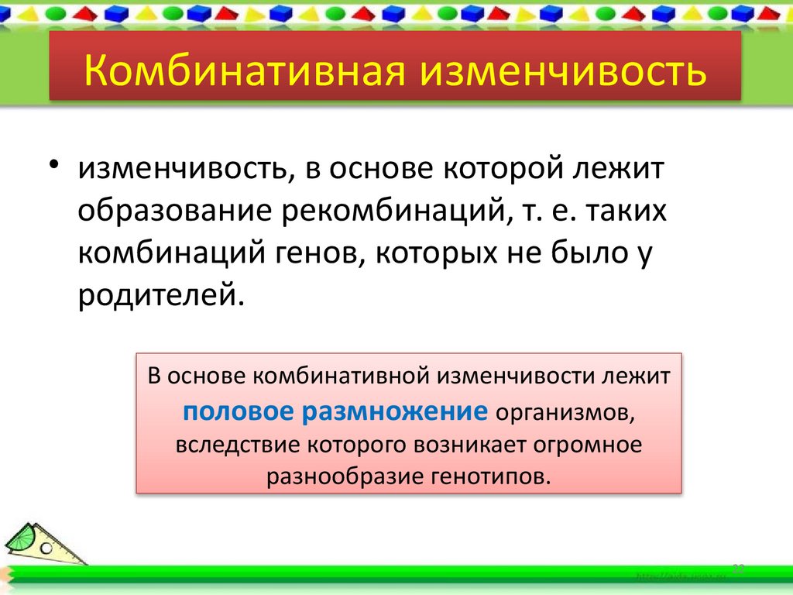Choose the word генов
[x=313, y=254]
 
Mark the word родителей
[x=155, y=296]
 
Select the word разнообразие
[x=343, y=476]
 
